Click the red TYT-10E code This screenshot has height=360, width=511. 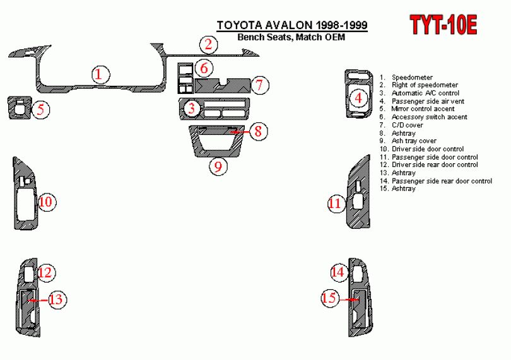tap(443, 25)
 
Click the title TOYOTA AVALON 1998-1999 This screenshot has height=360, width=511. tap(293, 25)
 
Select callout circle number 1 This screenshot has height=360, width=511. tap(99, 74)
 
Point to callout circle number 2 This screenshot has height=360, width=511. tap(208, 45)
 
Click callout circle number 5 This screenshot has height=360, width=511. tap(40, 110)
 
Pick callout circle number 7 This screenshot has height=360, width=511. tap(260, 84)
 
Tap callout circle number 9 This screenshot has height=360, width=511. tap(218, 166)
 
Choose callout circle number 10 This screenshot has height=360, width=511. tap(46, 202)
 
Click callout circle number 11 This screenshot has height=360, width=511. tap(335, 204)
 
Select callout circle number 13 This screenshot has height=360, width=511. tap(56, 299)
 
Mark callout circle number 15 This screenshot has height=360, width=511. tap(329, 298)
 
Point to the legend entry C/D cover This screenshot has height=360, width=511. tap(407, 125)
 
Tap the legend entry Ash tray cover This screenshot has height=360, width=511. tap(413, 141)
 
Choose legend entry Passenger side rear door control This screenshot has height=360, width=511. tap(442, 181)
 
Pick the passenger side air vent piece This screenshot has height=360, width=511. tap(357, 95)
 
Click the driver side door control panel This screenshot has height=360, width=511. tap(24, 195)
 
